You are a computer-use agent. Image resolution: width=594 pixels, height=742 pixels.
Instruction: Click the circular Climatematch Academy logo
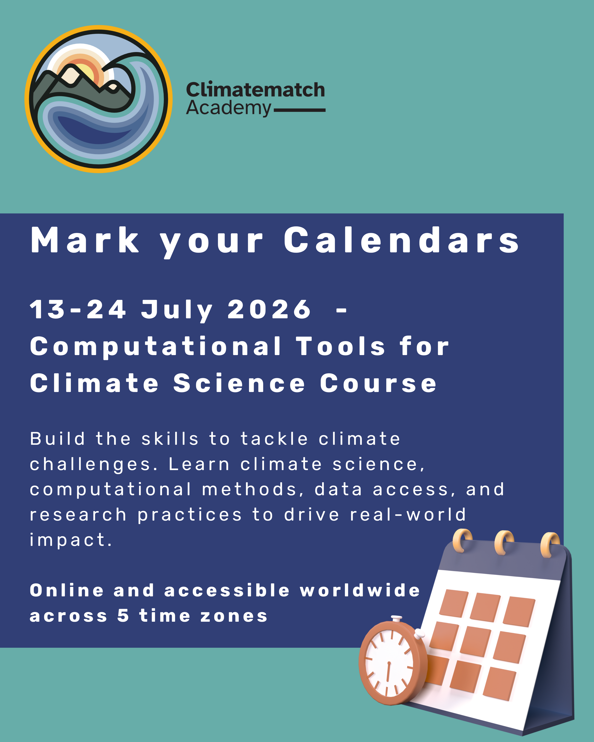(x=98, y=99)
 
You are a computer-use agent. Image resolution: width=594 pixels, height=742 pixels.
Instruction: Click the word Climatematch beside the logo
(x=255, y=90)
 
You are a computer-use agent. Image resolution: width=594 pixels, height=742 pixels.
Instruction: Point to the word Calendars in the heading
(x=401, y=240)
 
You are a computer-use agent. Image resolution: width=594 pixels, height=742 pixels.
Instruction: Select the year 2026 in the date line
(x=269, y=309)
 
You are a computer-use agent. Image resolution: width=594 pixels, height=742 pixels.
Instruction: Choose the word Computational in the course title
(x=156, y=347)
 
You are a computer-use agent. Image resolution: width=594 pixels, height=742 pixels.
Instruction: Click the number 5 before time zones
(x=123, y=616)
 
